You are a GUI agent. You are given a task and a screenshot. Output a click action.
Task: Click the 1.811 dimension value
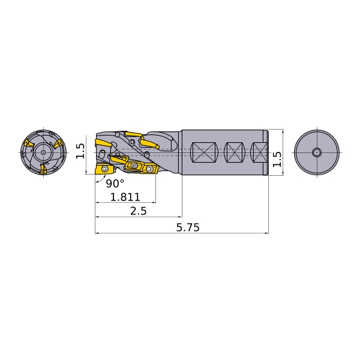tap(125, 197)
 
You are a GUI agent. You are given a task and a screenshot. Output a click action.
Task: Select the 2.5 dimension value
tap(138, 211)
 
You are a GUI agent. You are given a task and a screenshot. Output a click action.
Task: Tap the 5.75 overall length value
tap(188, 227)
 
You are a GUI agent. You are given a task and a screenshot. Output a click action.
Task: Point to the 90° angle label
tap(115, 183)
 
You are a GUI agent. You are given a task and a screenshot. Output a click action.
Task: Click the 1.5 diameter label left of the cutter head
tap(80, 151)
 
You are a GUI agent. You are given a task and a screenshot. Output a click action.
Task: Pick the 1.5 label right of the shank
tap(277, 159)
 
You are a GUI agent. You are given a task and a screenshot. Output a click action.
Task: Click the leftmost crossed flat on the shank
tap(203, 152)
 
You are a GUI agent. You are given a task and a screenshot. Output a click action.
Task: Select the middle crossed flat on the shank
tap(235, 152)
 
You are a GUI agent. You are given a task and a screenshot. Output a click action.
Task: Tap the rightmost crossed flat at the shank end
tap(259, 152)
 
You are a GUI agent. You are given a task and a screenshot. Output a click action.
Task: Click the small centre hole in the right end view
tap(317, 152)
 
